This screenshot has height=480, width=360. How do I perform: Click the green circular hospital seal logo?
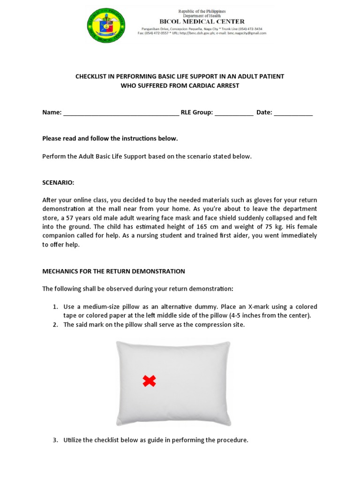click(106, 26)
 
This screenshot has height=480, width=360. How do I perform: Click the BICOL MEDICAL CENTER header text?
click(202, 22)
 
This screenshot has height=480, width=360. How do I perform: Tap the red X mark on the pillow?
click(149, 381)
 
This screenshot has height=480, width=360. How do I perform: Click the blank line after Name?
click(120, 113)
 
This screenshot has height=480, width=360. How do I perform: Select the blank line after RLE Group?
click(234, 113)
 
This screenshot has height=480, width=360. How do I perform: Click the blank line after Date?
click(293, 113)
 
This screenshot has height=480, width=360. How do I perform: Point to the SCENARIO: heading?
click(58, 182)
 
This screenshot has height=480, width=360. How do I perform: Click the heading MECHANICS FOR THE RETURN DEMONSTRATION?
click(113, 271)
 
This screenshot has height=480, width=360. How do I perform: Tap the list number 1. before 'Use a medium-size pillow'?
click(55, 307)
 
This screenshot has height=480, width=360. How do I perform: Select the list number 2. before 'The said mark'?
click(55, 324)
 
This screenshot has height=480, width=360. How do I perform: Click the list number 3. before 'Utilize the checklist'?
click(55, 440)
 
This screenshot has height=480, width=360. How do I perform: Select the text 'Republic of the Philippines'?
click(202, 11)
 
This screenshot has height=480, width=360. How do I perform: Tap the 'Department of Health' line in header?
click(202, 16)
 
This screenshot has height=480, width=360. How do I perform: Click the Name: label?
click(52, 112)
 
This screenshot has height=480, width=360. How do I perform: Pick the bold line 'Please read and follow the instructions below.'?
click(110, 138)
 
